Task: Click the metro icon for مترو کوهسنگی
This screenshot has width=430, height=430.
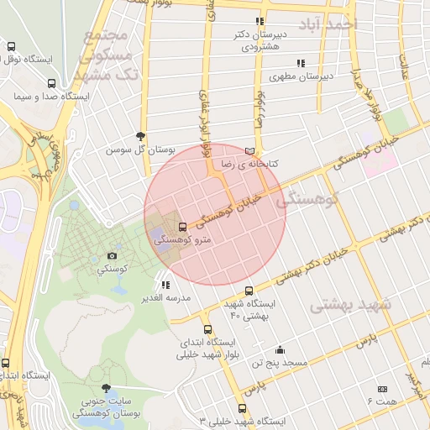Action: tap(183, 227)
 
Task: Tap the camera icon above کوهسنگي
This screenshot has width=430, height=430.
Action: tap(113, 256)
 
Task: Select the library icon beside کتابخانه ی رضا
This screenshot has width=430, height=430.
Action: tap(248, 151)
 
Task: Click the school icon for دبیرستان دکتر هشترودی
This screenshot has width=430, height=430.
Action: tap(260, 22)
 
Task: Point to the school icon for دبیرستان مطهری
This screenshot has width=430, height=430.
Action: tap(300, 63)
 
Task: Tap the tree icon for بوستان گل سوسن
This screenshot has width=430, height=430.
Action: tap(140, 136)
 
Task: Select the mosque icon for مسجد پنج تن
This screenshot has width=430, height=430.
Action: tap(280, 349)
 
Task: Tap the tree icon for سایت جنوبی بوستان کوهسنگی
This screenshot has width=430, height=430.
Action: tap(106, 389)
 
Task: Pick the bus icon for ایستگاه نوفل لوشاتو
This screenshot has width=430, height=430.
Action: tap(11, 47)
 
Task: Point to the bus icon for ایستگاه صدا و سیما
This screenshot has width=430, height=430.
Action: tap(52, 83)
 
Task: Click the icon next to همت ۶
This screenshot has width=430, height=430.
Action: tap(383, 389)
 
